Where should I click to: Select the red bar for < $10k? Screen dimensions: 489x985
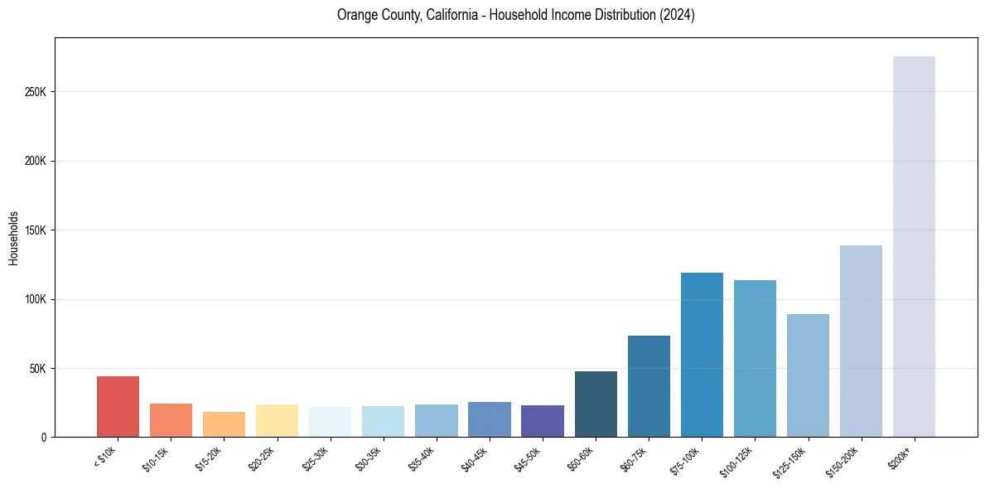[118, 406]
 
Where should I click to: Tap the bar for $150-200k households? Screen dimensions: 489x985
[861, 341]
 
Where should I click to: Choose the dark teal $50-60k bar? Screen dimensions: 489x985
[596, 404]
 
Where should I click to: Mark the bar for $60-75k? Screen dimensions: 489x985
[649, 385]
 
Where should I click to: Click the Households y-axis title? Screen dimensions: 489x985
[13, 237]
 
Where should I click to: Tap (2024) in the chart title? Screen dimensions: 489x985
[676, 16]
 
